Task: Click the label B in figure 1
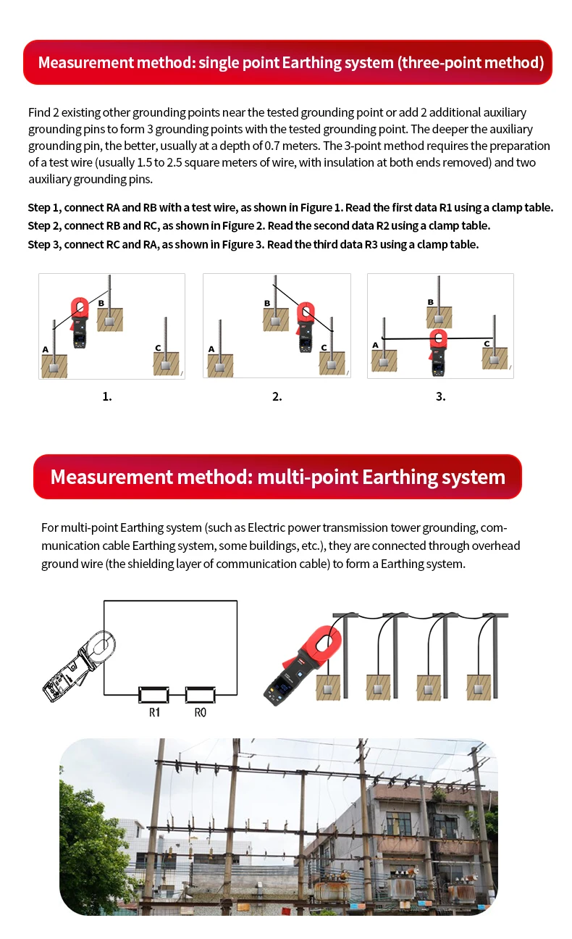click(x=101, y=303)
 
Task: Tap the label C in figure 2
click(x=324, y=348)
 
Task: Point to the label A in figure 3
click(x=375, y=345)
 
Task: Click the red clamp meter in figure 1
click(x=79, y=322)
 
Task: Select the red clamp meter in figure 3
click(x=438, y=351)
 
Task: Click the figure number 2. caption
click(x=277, y=396)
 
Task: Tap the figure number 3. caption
click(x=440, y=396)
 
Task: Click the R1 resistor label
click(x=155, y=712)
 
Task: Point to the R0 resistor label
click(x=201, y=712)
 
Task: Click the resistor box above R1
click(x=153, y=695)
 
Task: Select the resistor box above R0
click(x=201, y=695)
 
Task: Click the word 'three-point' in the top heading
click(x=440, y=62)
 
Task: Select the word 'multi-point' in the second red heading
click(x=308, y=477)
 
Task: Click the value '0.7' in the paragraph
click(x=272, y=146)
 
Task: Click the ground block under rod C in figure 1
click(x=166, y=364)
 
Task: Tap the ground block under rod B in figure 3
click(x=439, y=317)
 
